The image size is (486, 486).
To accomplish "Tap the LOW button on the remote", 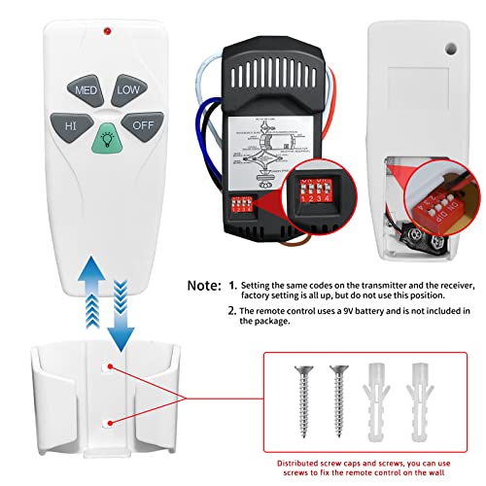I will pyautogui.click(x=127, y=89).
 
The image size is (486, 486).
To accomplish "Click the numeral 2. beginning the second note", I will pyautogui.click(x=232, y=311).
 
